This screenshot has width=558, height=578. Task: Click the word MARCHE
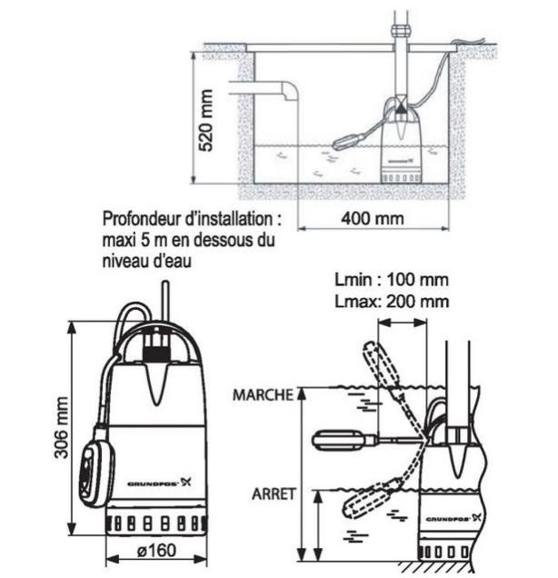(x=263, y=395)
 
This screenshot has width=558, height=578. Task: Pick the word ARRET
(x=271, y=493)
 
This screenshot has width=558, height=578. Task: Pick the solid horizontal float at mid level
(x=342, y=441)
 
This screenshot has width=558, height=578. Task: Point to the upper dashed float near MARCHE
(x=377, y=365)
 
